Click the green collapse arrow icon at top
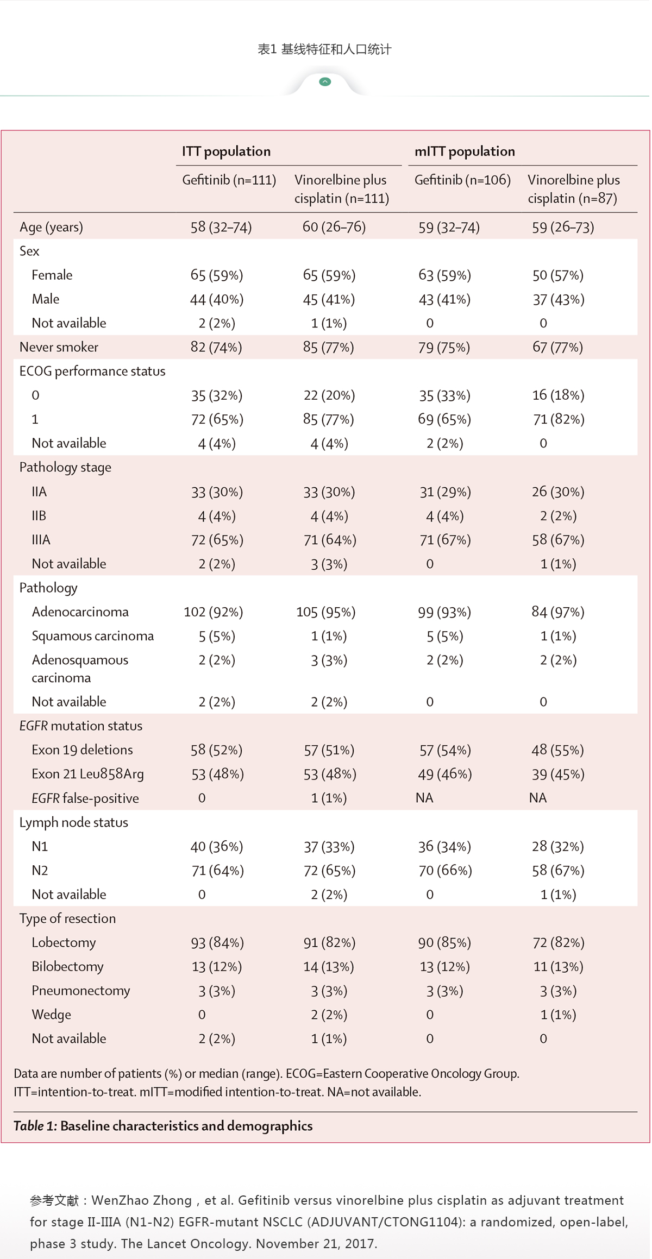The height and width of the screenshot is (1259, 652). [325, 82]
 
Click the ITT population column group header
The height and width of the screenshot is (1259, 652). [226, 152]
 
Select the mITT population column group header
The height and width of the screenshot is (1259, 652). [465, 152]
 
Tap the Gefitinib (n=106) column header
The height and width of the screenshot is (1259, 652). [462, 180]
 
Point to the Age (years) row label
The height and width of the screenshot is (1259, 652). [51, 227]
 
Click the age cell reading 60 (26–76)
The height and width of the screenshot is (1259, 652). [334, 226]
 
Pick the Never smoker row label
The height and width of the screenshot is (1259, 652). [59, 347]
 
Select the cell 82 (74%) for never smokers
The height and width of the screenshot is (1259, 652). [216, 347]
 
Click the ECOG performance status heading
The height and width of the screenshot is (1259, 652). [92, 372]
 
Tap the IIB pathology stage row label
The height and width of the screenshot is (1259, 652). [39, 516]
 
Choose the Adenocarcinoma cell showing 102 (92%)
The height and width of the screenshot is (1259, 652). [214, 612]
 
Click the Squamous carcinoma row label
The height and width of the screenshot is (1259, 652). [92, 636]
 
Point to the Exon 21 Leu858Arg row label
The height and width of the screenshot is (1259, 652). [87, 774]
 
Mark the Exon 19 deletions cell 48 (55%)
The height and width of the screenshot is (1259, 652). [557, 750]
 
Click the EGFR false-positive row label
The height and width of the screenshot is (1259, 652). [85, 798]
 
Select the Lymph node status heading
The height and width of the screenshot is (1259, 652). [74, 822]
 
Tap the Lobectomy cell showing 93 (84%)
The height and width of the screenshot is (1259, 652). [217, 943]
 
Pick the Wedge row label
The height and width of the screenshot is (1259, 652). [51, 1015]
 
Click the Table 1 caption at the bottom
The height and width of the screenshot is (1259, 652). [163, 1126]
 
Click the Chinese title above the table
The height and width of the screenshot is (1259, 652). [324, 49]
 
